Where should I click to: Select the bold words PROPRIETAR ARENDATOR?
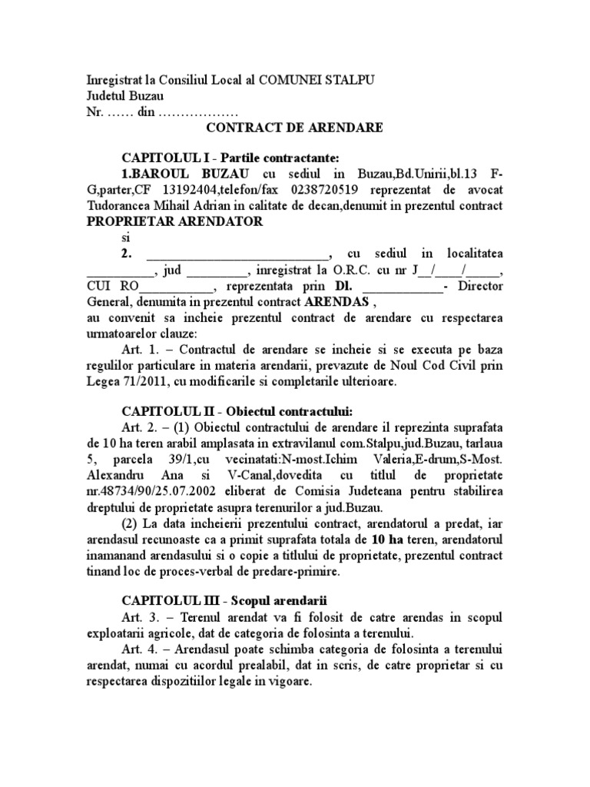(x=175, y=221)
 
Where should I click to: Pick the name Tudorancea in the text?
(x=121, y=206)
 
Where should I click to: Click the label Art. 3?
(x=138, y=618)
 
